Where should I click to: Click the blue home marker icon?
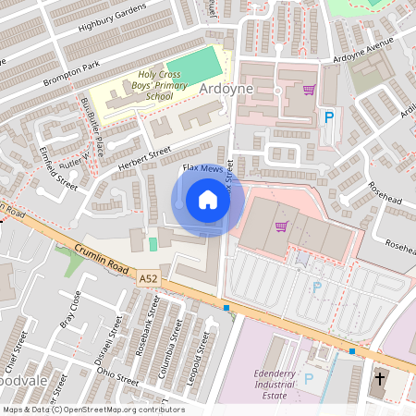[208, 200]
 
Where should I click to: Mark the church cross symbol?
[380, 379]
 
